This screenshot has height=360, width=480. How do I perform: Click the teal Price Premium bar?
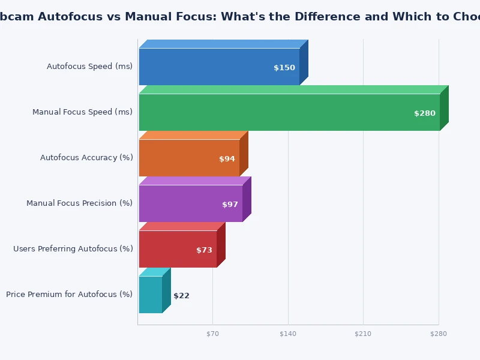(x=150, y=295)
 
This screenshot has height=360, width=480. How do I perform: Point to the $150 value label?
(x=284, y=68)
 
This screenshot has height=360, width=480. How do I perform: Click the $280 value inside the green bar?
(x=425, y=113)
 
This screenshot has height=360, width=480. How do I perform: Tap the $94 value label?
(x=227, y=159)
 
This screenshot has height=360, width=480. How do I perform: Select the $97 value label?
(x=230, y=205)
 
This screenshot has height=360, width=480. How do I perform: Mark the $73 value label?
(x=204, y=250)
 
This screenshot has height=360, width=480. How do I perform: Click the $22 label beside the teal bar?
(x=181, y=296)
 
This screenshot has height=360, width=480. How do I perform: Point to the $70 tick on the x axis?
(x=212, y=334)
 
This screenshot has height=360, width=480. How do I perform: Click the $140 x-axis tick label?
(x=288, y=334)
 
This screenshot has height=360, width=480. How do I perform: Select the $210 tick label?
(x=363, y=334)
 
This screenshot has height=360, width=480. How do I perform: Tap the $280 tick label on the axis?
(x=439, y=334)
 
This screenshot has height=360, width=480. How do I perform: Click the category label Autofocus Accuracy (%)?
(x=86, y=158)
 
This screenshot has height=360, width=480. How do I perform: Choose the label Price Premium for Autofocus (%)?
(x=69, y=295)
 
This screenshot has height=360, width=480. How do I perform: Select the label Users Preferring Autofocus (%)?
(x=73, y=249)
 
